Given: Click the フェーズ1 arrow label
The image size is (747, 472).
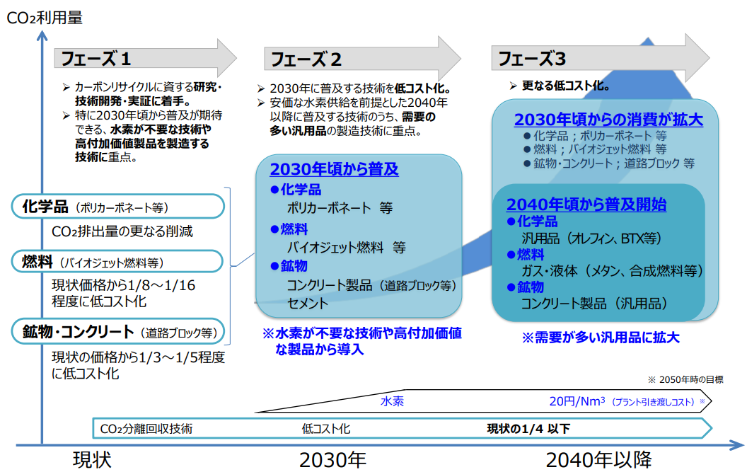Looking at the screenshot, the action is [95, 59].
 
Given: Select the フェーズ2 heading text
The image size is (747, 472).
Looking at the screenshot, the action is [306, 59].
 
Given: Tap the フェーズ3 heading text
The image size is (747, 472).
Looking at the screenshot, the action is [532, 59].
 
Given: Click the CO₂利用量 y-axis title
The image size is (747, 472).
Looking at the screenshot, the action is [45, 18].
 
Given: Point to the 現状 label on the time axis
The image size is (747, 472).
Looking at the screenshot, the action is [92, 459].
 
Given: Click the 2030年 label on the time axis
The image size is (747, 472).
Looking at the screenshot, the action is [332, 459].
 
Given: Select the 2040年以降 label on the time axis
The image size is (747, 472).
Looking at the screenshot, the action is [598, 459].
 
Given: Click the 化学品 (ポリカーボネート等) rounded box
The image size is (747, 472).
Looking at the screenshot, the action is [117, 207].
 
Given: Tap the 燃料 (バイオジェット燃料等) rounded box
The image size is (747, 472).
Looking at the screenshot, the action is [117, 261].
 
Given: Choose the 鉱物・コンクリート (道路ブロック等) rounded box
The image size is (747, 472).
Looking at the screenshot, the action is [117, 331].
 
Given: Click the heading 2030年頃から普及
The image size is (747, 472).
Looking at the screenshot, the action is [334, 169].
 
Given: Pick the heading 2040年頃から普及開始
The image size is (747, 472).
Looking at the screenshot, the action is [586, 204].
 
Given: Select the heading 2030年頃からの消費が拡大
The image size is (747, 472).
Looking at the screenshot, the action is [608, 119].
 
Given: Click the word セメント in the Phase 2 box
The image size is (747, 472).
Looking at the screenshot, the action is [307, 303].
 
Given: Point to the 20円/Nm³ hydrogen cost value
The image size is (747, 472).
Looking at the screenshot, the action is [577, 401].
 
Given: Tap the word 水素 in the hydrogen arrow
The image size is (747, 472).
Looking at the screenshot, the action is [392, 401].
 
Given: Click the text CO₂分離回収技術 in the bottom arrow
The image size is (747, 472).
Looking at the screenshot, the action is [146, 429].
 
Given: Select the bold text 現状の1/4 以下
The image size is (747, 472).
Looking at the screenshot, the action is [528, 429].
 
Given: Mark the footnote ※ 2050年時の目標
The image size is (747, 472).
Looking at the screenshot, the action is [685, 379].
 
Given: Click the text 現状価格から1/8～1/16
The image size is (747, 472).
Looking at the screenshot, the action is [123, 285].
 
